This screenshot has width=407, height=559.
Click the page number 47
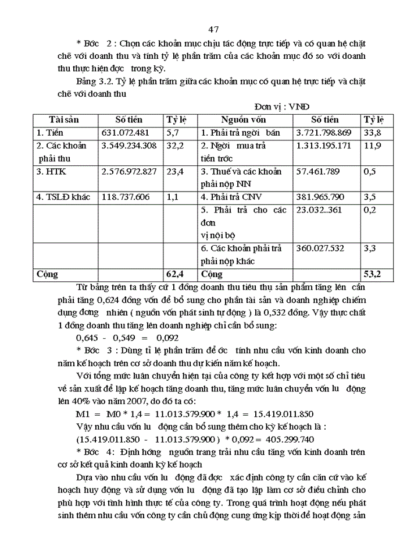212,30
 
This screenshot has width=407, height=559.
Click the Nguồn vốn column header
242,119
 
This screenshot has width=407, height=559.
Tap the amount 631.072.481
126,132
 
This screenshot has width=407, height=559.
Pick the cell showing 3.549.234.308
128,145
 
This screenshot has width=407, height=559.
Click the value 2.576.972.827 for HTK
128,171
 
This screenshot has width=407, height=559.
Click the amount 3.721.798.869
323,132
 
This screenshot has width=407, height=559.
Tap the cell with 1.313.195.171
323,145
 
